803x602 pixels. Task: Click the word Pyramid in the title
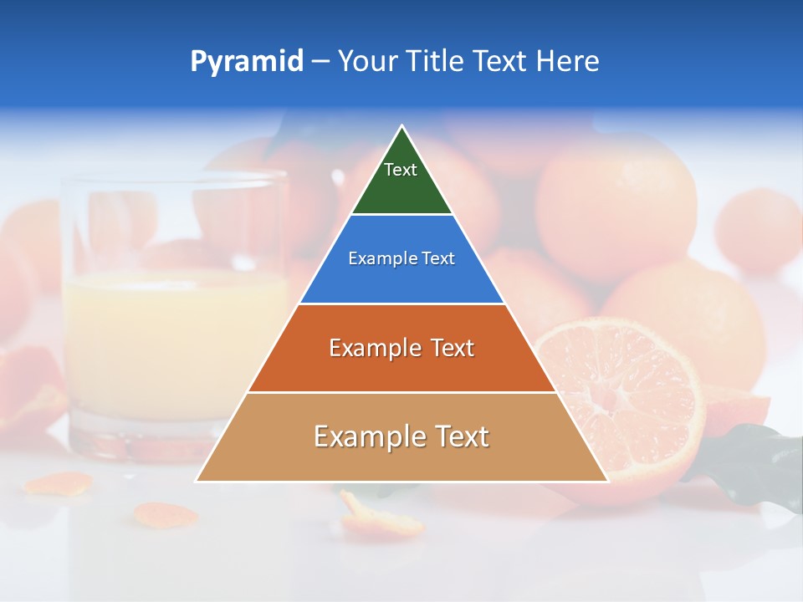tap(246, 62)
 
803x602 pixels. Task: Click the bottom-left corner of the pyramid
tap(197, 481)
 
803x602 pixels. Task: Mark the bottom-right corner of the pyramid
tap(607, 481)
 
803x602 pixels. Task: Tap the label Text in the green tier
tap(401, 170)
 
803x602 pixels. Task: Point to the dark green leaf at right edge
tap(761, 460)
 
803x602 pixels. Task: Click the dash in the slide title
tap(320, 62)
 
